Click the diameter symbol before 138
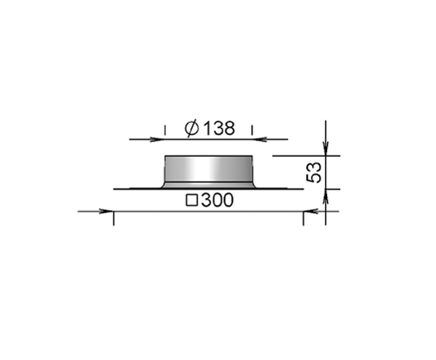[x=193, y=128]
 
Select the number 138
[x=219, y=128]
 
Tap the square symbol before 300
[x=192, y=200]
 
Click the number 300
[x=217, y=200]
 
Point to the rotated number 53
[x=316, y=172]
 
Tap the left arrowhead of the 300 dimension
[x=106, y=211]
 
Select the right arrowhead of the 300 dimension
[x=310, y=211]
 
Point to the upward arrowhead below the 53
[x=325, y=197]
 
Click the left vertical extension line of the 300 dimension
[x=114, y=218]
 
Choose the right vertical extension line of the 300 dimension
[x=303, y=218]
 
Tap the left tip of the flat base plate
[x=115, y=188]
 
